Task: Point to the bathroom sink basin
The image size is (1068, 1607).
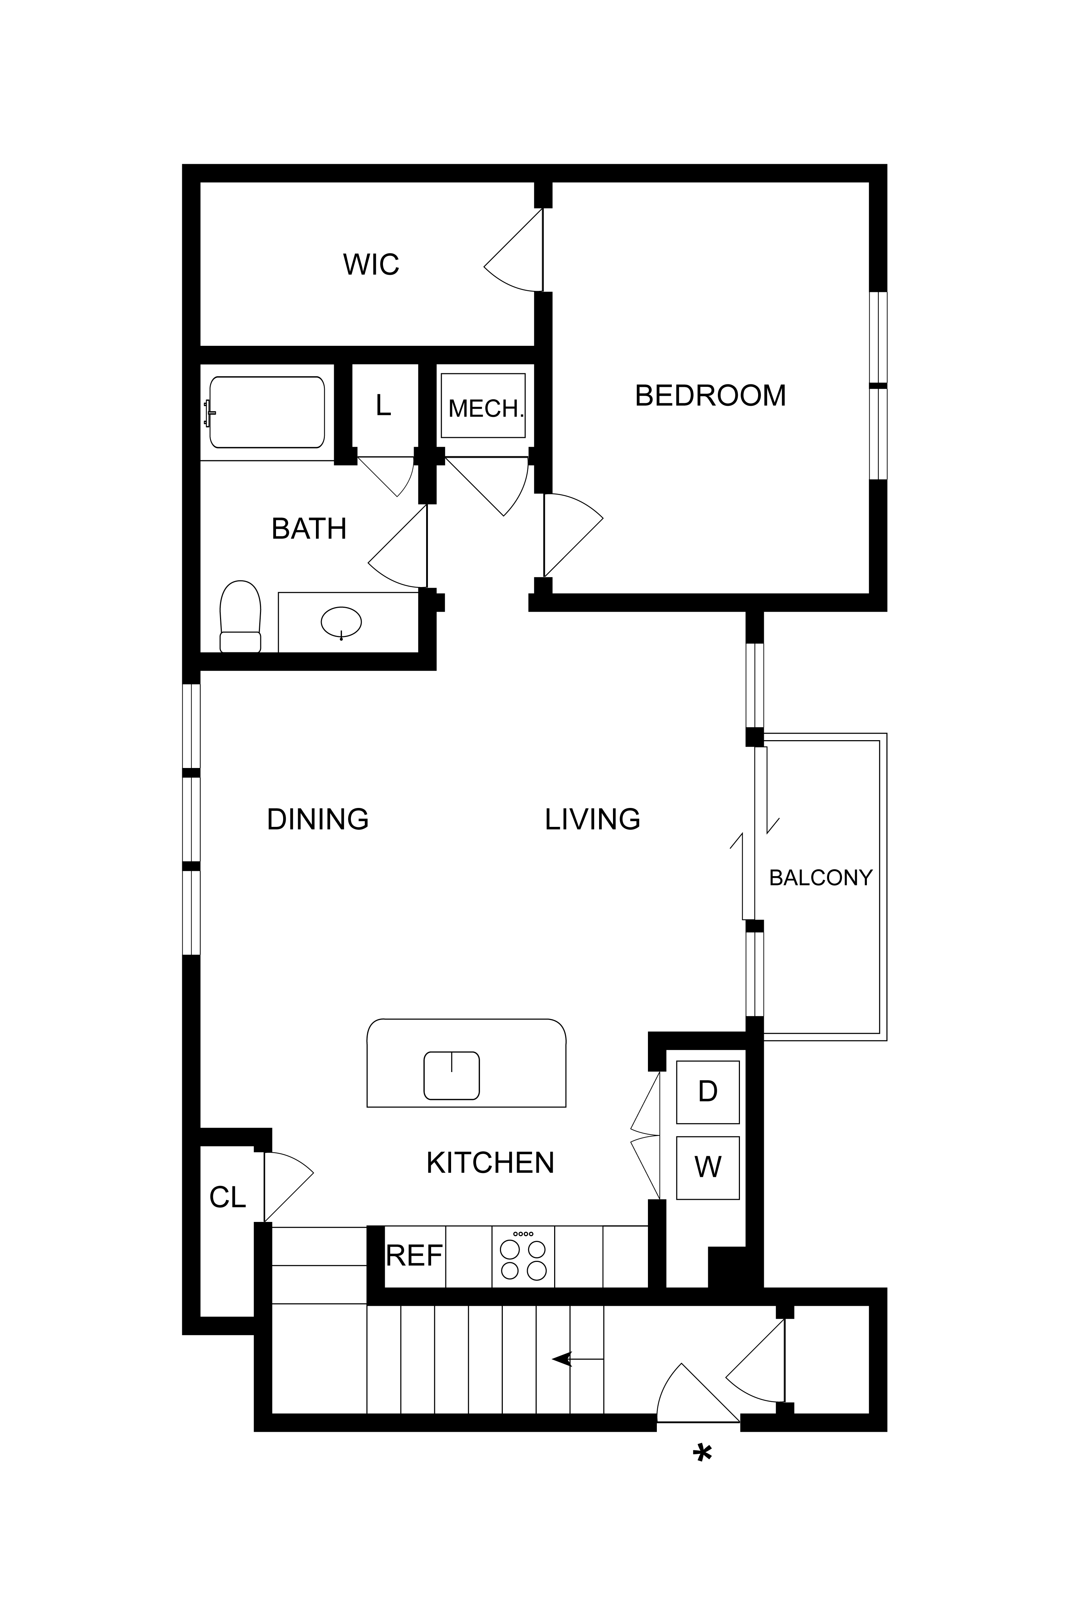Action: tap(341, 622)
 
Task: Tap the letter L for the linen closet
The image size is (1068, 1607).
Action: tap(383, 405)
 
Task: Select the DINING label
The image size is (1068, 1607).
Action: tap(317, 819)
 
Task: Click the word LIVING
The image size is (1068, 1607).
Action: tap(593, 819)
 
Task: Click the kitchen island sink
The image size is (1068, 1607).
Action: tap(451, 1075)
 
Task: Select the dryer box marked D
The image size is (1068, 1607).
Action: tap(708, 1092)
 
